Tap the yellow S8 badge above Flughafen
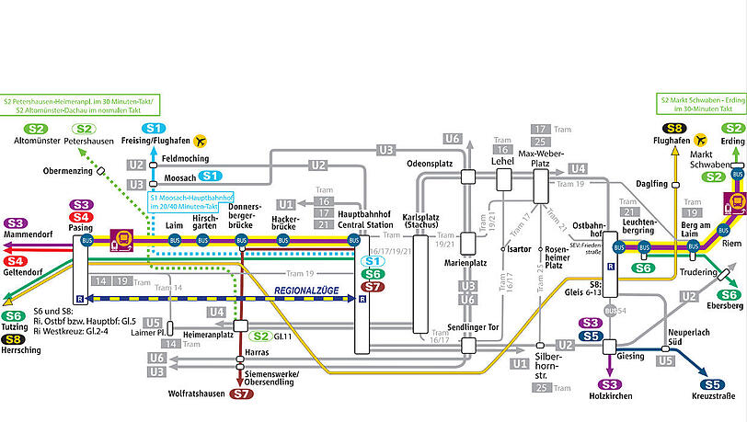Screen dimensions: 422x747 (675, 129)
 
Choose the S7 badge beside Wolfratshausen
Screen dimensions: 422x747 (241, 394)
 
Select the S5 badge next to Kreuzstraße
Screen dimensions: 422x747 (712, 384)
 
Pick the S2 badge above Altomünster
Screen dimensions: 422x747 (37, 129)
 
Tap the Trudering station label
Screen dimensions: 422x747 (699, 272)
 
